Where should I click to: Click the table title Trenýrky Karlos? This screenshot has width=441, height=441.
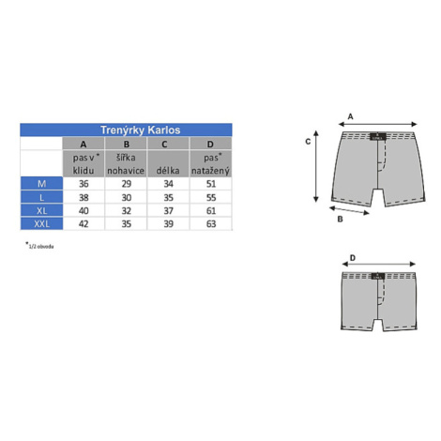[x=140, y=129]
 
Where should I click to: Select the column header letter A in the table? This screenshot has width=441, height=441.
[x=84, y=144]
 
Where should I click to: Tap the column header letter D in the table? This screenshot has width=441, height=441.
[x=210, y=144]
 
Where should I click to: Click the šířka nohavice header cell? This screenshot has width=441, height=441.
[x=126, y=164]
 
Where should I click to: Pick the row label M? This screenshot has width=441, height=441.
[x=41, y=184]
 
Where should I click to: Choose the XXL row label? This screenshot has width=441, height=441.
[x=41, y=224]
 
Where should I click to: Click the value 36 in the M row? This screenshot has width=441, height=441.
[x=84, y=184]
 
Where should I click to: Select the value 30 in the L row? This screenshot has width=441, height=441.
[x=126, y=197]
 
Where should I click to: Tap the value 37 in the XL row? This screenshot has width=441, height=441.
[x=168, y=211]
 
